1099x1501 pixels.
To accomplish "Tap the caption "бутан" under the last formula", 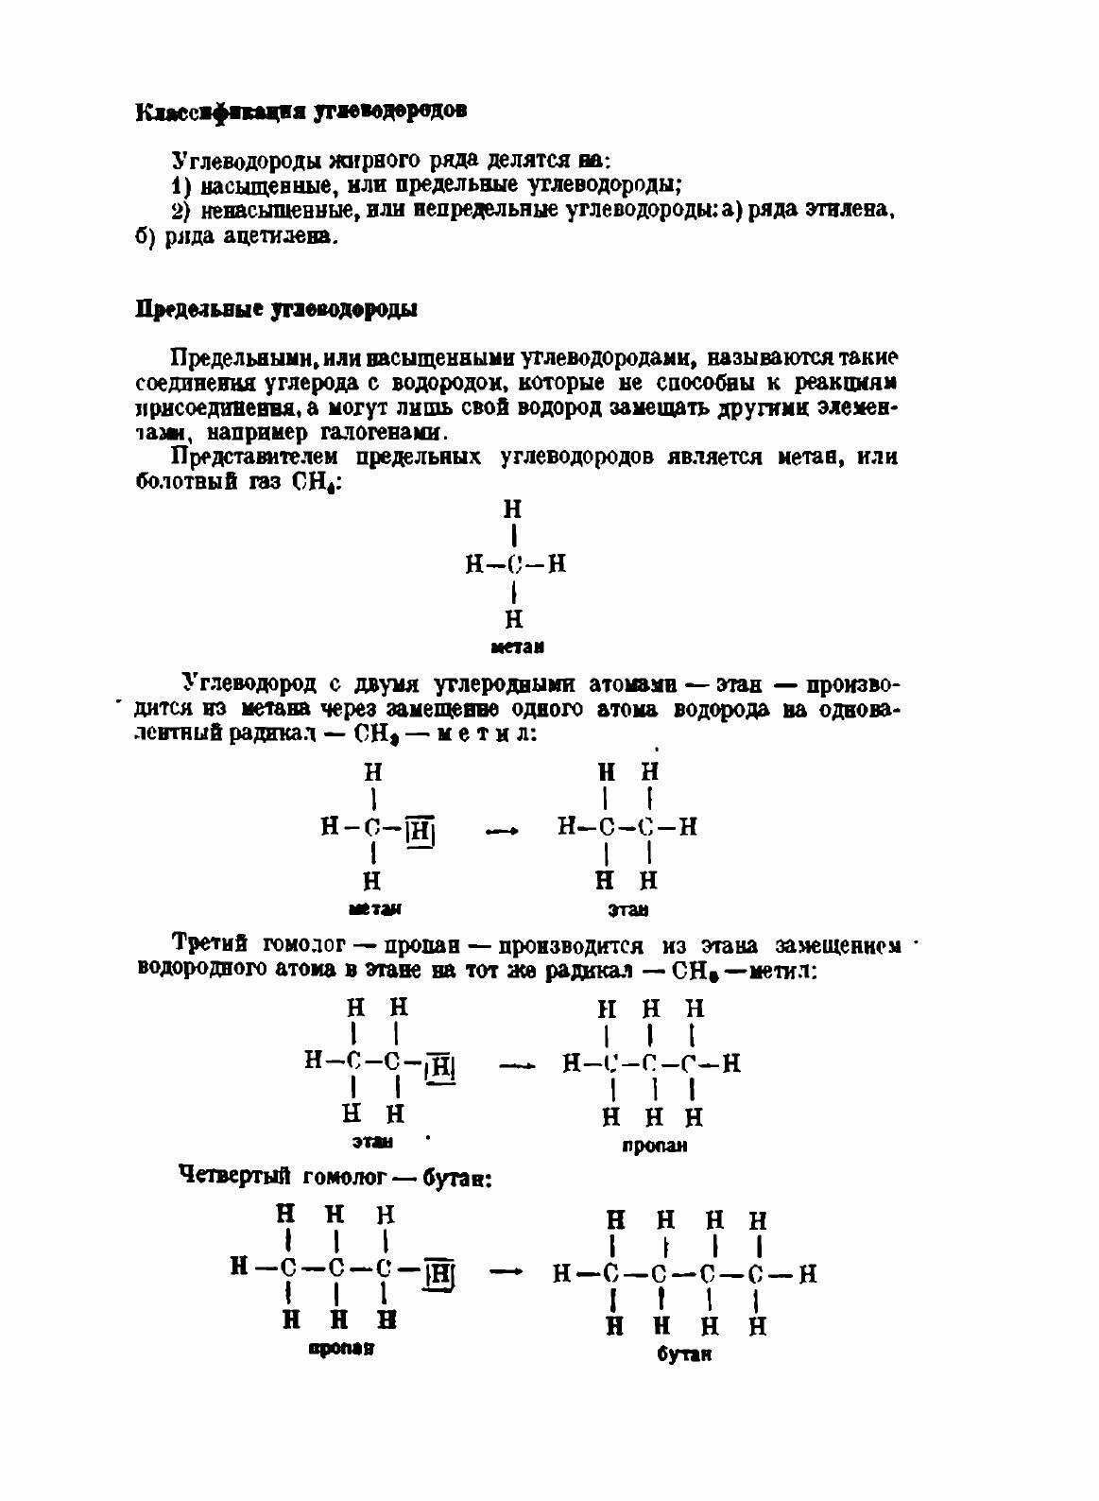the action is point(684,1354).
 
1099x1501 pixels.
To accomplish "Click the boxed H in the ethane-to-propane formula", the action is point(441,1066).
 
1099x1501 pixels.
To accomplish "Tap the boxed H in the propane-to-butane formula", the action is point(439,1275).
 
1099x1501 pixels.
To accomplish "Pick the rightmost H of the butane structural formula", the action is point(807,1273).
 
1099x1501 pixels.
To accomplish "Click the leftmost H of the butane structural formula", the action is point(561,1274).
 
